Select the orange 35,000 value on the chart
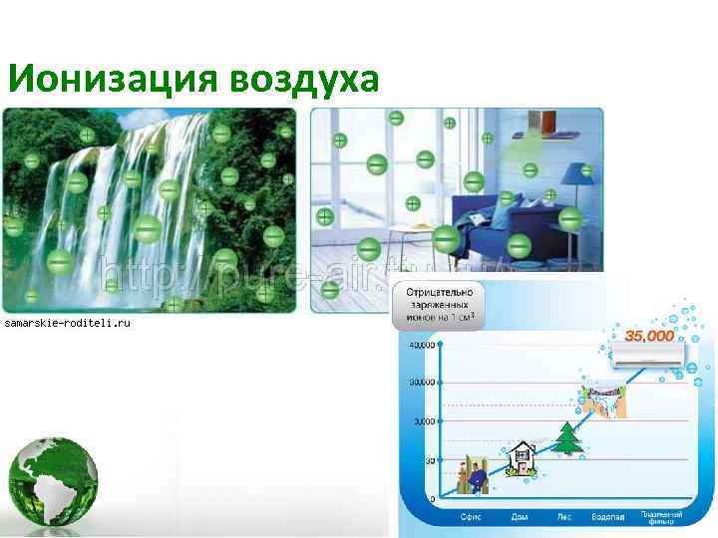click(648, 335)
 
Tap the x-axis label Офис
click(472, 517)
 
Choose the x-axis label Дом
click(521, 517)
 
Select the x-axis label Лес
click(565, 517)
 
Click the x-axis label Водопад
click(609, 517)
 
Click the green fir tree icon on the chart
click(567, 438)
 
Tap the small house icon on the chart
click(519, 459)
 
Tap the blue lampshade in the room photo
click(570, 174)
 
